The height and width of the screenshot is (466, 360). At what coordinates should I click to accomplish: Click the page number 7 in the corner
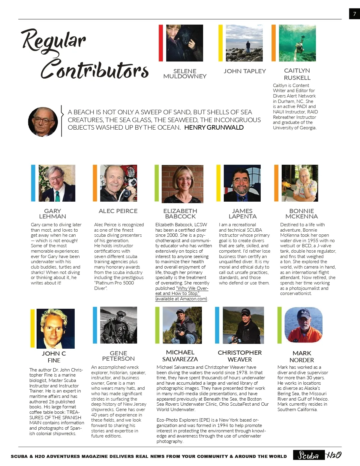354,14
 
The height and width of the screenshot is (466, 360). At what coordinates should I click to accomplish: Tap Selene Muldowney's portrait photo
184,43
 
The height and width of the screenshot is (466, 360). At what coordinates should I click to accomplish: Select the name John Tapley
244,71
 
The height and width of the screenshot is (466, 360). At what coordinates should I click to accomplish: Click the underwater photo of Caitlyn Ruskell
297,43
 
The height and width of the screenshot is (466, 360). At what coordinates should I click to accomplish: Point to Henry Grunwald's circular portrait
43,122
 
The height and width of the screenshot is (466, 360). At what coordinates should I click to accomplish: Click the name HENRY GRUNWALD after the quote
214,128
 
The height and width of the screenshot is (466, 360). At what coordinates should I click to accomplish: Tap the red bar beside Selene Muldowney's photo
161,43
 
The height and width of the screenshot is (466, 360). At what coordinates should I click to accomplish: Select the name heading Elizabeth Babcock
180,214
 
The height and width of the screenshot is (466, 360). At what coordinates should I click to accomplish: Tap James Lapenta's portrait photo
242,183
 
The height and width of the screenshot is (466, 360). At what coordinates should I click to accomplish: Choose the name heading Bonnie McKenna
301,214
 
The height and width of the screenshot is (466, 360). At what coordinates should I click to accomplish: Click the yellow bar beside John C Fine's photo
33,328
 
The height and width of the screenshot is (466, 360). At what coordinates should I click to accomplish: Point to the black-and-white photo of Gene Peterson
118,325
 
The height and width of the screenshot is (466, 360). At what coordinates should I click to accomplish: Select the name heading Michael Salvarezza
180,356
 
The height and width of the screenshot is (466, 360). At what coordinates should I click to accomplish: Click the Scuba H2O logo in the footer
317,455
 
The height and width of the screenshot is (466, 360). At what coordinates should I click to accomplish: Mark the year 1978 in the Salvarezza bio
241,373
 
